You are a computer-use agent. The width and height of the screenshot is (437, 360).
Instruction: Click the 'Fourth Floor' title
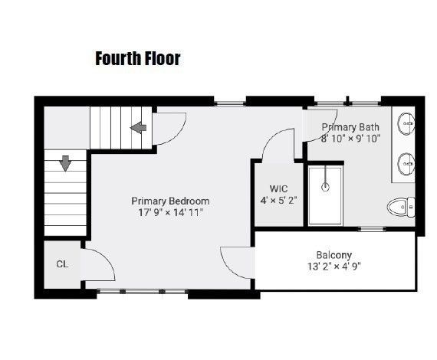(137, 58)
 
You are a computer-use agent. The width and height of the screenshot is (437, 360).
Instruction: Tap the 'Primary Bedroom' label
(169, 201)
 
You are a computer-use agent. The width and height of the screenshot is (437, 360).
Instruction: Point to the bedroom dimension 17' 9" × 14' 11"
(169, 214)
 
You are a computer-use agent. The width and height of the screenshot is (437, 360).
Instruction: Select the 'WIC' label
(278, 188)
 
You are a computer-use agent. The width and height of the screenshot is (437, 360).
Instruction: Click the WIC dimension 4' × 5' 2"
(278, 201)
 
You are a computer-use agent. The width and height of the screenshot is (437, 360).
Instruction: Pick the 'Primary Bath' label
(350, 127)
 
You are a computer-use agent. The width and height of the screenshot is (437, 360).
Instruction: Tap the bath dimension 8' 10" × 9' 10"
(351, 139)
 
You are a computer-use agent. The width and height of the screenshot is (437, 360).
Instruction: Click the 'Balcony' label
(333, 255)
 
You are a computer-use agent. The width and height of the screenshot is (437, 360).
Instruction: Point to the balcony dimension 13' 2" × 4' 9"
(333, 267)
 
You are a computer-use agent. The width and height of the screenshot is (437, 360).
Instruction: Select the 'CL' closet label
(61, 264)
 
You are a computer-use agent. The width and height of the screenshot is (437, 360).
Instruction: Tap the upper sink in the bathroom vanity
(406, 123)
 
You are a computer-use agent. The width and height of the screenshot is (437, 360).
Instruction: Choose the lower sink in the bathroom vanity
(406, 162)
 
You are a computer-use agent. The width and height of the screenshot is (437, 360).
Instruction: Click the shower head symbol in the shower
(327, 185)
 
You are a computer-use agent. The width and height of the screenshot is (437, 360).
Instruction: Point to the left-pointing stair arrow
(138, 127)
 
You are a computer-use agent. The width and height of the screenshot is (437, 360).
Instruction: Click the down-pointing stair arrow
(64, 163)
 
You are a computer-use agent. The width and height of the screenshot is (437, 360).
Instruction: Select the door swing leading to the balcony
(235, 262)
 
